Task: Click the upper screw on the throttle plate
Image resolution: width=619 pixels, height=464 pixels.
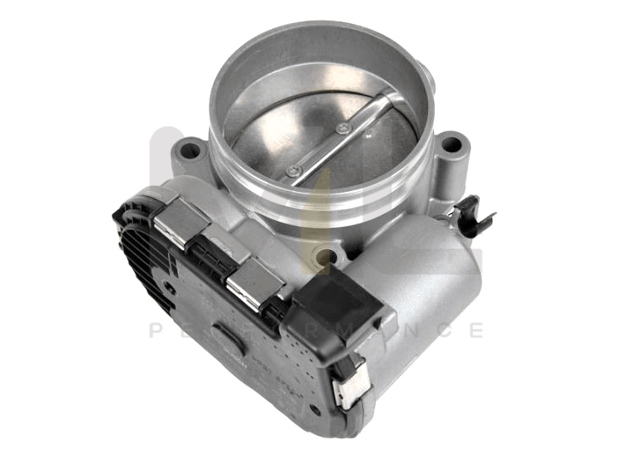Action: [344, 129]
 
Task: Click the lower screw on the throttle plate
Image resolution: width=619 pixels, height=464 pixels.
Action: [294, 171]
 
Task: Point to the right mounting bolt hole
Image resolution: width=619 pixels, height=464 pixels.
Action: [450, 144]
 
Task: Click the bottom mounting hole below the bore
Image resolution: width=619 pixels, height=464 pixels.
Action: [322, 253]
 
